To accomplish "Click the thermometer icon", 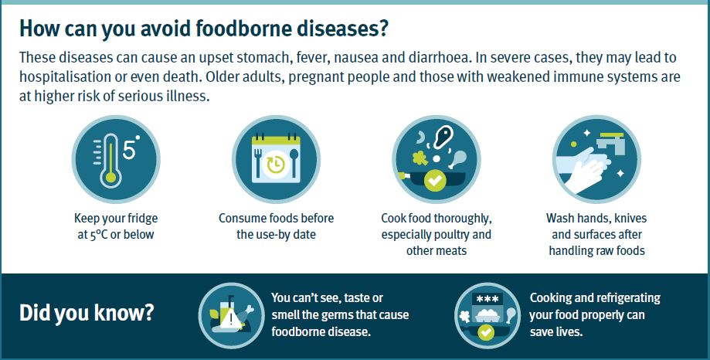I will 110,159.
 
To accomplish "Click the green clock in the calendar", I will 275,165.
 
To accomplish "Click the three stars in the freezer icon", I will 487,298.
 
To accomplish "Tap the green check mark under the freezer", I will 486,332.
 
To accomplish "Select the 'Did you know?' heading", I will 87,314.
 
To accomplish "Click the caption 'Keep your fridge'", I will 116,219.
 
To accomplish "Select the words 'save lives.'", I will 556,331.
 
